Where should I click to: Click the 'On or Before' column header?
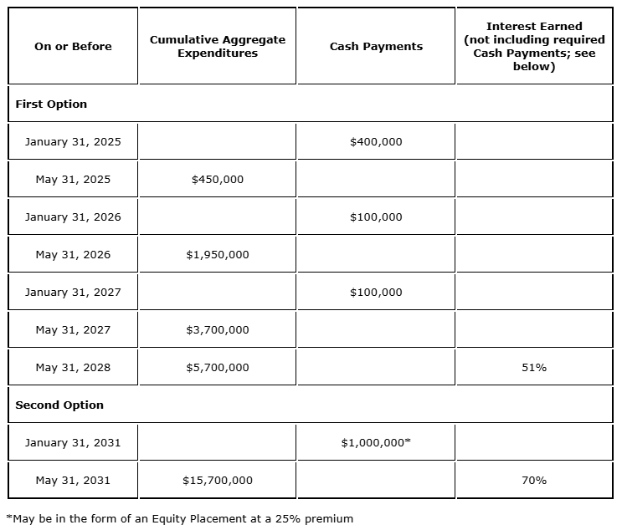pos(73,47)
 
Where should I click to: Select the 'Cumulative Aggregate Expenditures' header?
pos(218,46)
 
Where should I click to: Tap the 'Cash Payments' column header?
pos(376,47)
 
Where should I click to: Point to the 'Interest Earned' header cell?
pos(534,47)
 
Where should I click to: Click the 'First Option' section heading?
pos(51,104)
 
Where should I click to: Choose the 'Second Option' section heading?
pos(59,405)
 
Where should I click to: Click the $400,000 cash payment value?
pos(376,142)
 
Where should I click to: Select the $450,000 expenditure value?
pos(218,180)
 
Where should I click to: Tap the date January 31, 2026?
pos(73,217)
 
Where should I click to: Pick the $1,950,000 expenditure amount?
pos(218,255)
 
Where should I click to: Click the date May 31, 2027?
pos(73,330)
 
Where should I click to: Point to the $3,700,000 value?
pos(218,330)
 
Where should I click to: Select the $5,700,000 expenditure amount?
pos(218,368)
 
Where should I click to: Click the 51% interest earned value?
pos(534,368)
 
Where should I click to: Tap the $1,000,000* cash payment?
pos(376,443)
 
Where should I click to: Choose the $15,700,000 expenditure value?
pos(218,481)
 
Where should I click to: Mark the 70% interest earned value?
pos(534,481)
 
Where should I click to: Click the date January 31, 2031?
pos(73,443)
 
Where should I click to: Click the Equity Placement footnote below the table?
pos(179,518)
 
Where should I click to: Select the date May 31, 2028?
pos(73,368)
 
